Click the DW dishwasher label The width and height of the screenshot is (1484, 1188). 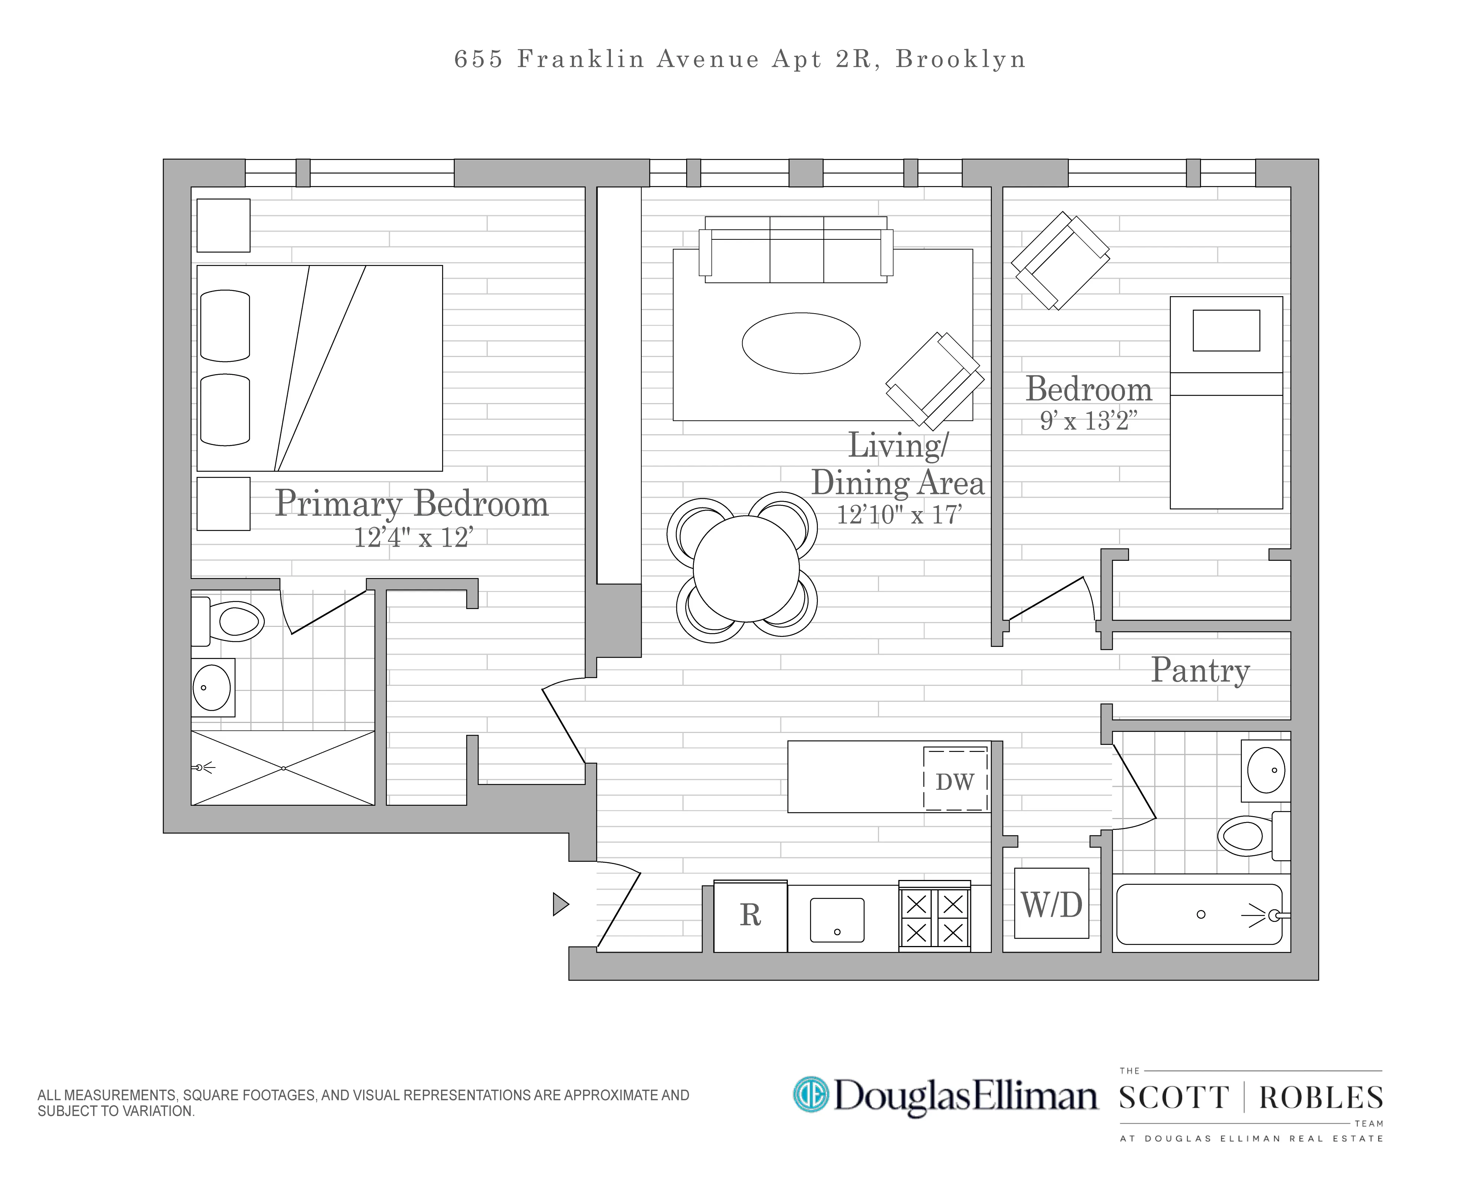point(955,782)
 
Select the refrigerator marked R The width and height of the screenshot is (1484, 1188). point(750,916)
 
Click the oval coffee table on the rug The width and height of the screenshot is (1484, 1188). point(800,343)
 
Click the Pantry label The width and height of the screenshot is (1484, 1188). point(1200,670)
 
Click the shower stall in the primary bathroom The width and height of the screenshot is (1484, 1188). point(283,768)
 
